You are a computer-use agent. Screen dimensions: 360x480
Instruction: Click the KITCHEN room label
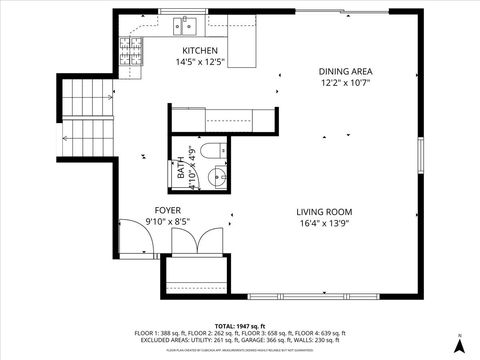click(x=199, y=51)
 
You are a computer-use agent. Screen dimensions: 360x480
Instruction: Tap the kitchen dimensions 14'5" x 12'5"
click(x=199, y=62)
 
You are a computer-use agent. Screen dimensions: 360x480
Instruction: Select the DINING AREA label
click(x=345, y=71)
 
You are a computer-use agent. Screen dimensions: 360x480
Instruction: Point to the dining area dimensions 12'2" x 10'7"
click(x=345, y=83)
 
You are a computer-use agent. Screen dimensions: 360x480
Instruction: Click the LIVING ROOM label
click(x=324, y=211)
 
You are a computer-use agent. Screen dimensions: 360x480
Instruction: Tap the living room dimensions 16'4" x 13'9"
click(x=324, y=223)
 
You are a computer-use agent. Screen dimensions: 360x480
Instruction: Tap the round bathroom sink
click(x=216, y=180)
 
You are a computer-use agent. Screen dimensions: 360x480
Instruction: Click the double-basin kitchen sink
click(x=186, y=24)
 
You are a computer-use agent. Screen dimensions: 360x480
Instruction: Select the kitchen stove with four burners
click(x=130, y=51)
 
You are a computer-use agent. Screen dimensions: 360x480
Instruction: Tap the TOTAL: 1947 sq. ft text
click(x=240, y=326)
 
